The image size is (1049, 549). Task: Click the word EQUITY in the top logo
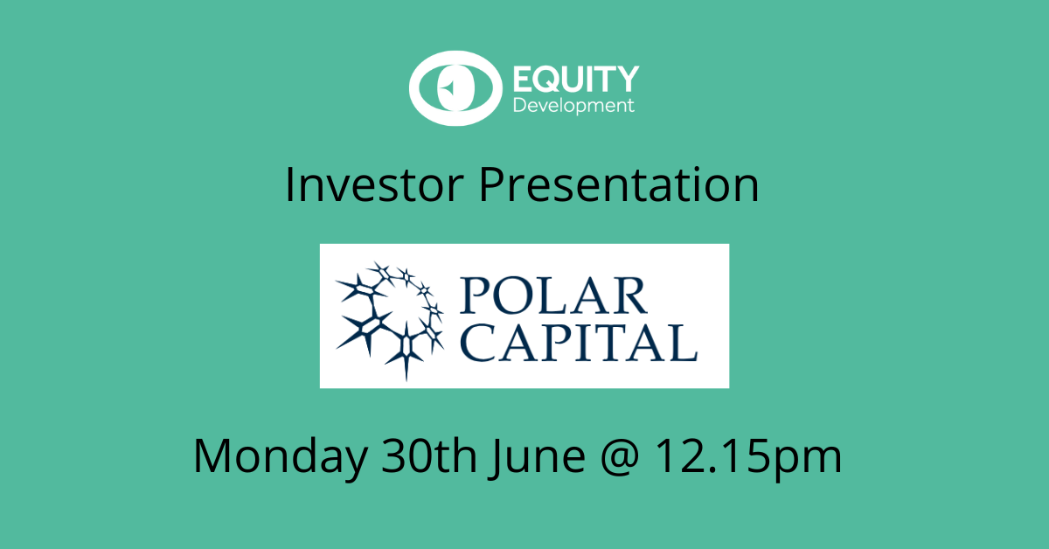[x=576, y=80]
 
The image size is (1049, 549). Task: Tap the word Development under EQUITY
[x=573, y=107]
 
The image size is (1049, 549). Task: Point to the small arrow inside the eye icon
[x=448, y=87]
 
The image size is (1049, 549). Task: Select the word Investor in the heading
[x=374, y=185]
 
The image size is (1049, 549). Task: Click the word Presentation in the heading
[x=618, y=185]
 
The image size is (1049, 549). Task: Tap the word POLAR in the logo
[x=554, y=295]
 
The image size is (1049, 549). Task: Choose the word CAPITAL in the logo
[x=579, y=343]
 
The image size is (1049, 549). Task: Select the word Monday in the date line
[x=280, y=455]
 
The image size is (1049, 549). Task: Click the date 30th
[x=428, y=455]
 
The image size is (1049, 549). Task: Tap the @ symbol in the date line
[x=619, y=456]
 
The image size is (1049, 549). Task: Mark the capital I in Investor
[x=289, y=185]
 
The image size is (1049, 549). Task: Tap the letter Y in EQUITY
[x=625, y=80]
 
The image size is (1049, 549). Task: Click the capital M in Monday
[x=212, y=455]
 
